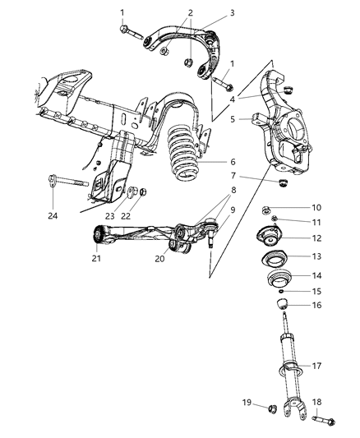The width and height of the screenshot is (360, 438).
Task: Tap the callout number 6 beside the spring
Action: (x=233, y=163)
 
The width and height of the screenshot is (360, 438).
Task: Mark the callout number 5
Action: (x=233, y=119)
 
